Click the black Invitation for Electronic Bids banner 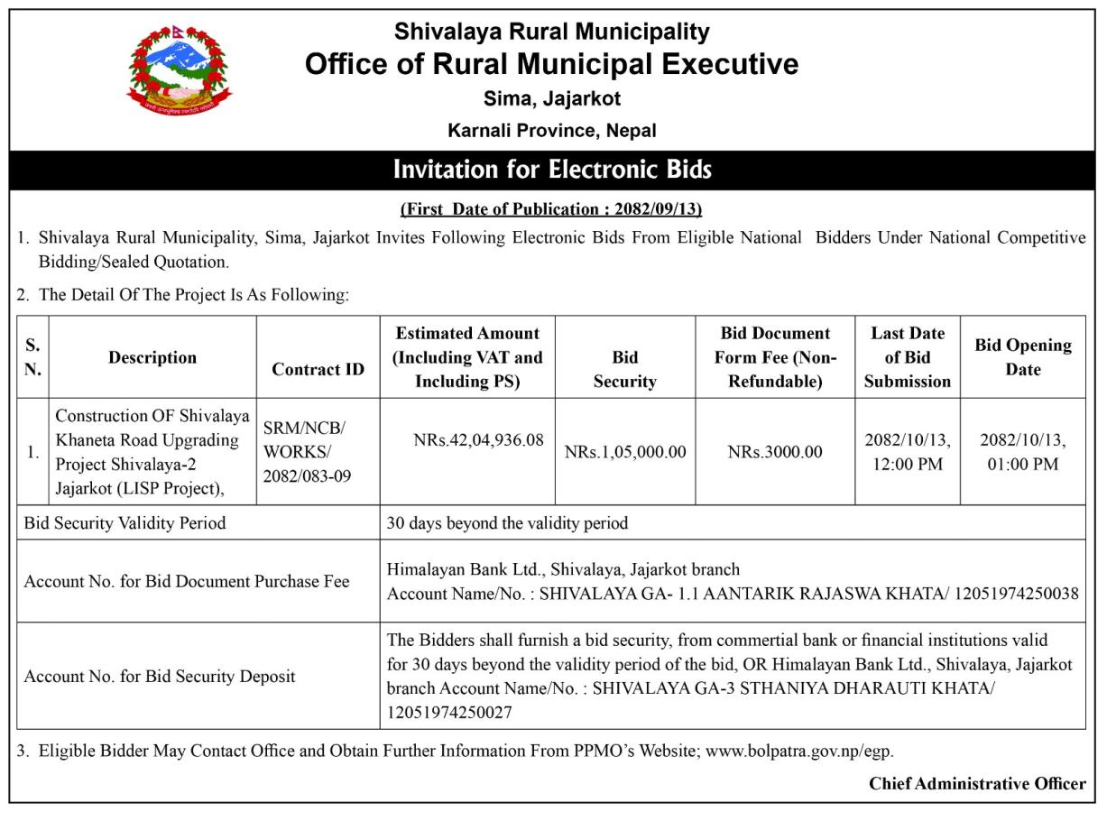pyautogui.click(x=552, y=170)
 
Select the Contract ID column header pyautogui.click(x=318, y=370)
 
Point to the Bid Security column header pyautogui.click(x=624, y=370)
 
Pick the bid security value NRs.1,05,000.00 pyautogui.click(x=624, y=452)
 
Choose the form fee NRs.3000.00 pyautogui.click(x=775, y=452)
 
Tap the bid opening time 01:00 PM pyautogui.click(x=1022, y=465)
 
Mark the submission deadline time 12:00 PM pyautogui.click(x=907, y=465)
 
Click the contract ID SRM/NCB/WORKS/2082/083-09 pyautogui.click(x=306, y=451)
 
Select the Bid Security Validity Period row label pyautogui.click(x=125, y=522)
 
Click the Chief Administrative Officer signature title pyautogui.click(x=977, y=784)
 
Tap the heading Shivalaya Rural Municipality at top pyautogui.click(x=552, y=32)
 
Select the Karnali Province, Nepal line pyautogui.click(x=552, y=130)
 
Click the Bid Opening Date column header pyautogui.click(x=1022, y=357)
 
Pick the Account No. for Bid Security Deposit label pyautogui.click(x=160, y=676)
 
